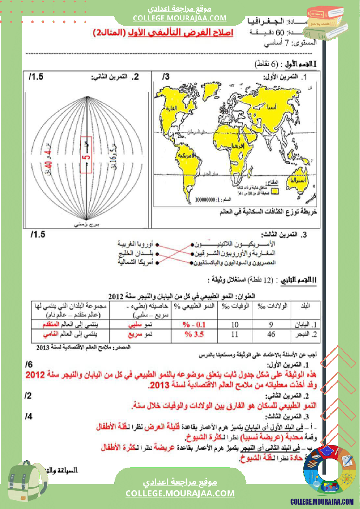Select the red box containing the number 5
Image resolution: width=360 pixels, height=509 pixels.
(86, 155)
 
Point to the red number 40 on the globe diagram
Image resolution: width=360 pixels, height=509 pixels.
(49, 165)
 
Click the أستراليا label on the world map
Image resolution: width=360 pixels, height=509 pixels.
(298, 180)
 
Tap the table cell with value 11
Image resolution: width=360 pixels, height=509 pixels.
(235, 335)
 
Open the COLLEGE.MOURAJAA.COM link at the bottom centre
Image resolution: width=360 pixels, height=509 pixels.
(180, 493)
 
